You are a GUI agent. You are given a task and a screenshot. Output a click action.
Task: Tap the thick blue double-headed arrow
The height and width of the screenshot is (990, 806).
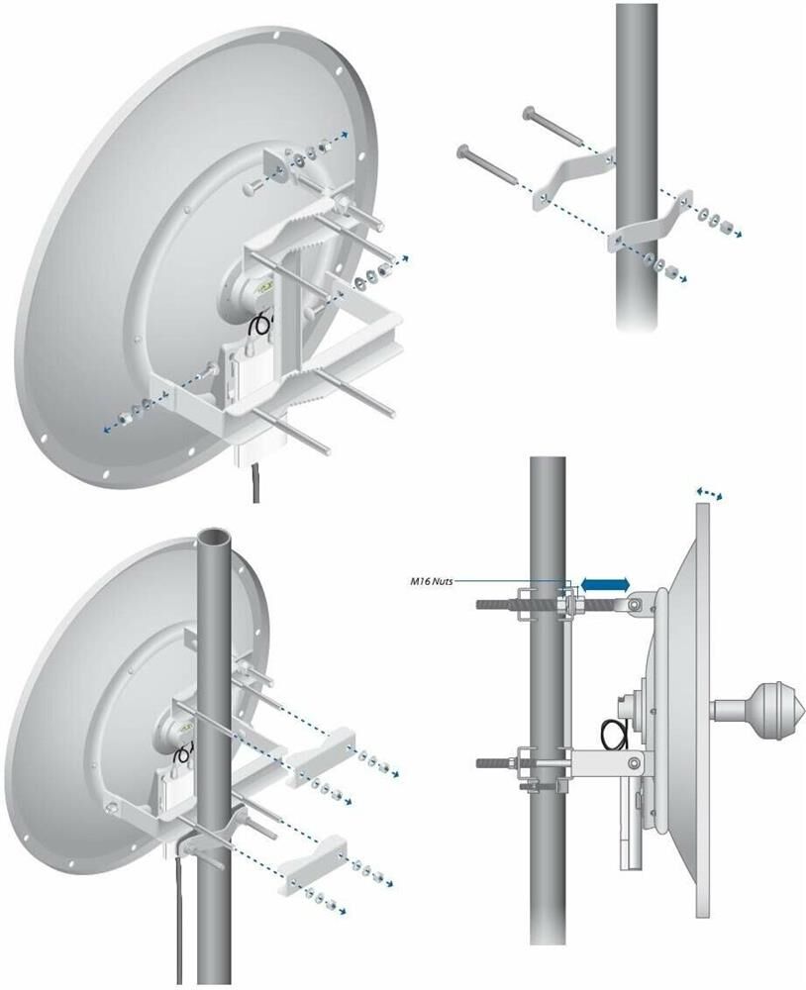(x=605, y=585)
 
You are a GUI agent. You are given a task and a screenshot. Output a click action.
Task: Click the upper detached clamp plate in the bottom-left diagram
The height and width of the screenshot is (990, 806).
(x=317, y=756)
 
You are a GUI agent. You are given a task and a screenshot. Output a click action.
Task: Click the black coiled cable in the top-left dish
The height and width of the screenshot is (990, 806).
(x=259, y=324)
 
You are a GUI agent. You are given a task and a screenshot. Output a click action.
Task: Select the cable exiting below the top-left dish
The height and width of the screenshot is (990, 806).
(x=255, y=483)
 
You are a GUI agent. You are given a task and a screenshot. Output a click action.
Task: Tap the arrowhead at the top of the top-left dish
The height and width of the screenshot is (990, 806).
(x=344, y=134)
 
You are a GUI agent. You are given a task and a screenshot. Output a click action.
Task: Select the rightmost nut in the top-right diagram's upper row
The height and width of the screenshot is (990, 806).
(x=727, y=225)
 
